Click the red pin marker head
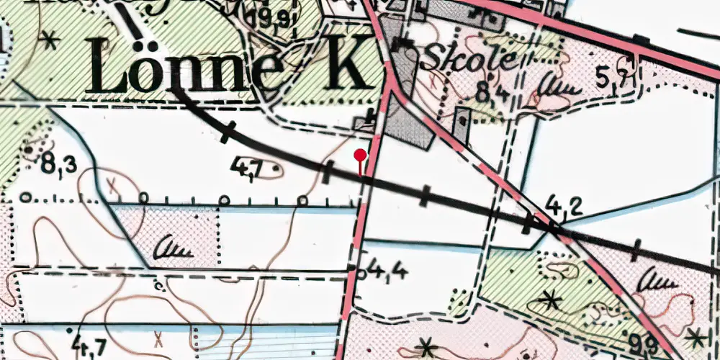pos(361,154)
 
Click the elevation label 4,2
pos(564,207)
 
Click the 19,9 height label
pos(274,17)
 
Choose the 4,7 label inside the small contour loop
pos(246,170)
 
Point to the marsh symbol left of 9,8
pos(654,280)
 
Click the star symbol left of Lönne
pos(49,40)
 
